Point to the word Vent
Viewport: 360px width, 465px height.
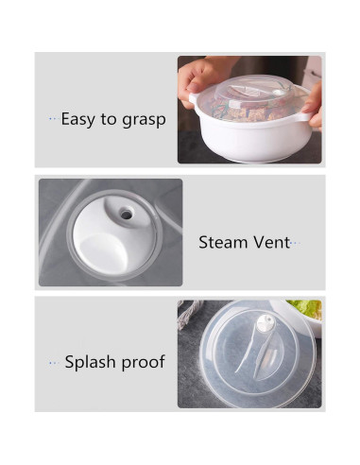(x=271, y=242)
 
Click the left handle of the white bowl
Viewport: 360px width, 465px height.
(x=194, y=99)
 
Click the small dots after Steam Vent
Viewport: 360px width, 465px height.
(x=297, y=243)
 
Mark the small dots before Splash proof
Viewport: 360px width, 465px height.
(x=55, y=362)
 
